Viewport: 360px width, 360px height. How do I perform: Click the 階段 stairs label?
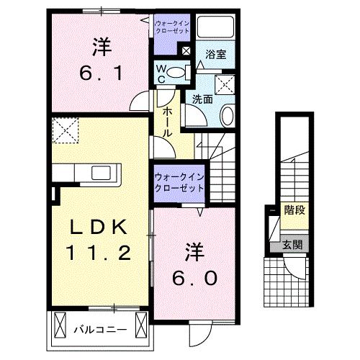[x=292, y=211]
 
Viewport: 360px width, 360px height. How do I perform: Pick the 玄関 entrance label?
[x=292, y=244]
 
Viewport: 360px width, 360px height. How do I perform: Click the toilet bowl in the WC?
[x=181, y=72]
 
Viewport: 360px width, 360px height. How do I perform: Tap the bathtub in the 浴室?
[x=216, y=27]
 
